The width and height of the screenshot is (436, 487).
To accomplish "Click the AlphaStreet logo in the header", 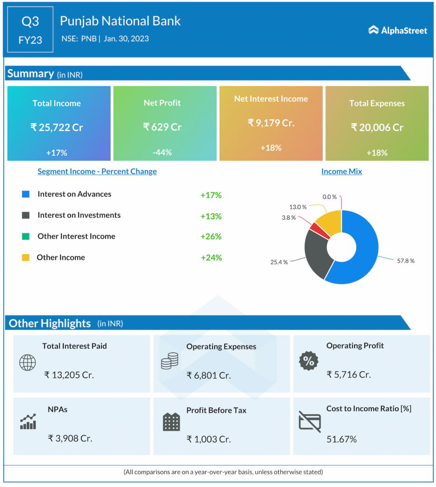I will [398, 30].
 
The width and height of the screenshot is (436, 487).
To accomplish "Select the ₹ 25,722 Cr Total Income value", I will [57, 127].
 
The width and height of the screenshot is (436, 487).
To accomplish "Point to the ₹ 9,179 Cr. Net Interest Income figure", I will [271, 123].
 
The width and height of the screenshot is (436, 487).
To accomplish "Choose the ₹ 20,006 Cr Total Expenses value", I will [377, 127].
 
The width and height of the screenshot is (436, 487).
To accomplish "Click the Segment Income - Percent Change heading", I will [97, 171].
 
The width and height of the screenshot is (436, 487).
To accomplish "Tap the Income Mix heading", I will [341, 171].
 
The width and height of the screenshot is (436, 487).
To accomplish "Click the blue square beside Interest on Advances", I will [26, 194].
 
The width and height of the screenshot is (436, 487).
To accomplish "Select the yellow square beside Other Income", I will [26, 257].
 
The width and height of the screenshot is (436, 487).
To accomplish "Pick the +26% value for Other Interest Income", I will [211, 236].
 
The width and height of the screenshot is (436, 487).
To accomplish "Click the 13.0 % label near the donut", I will [297, 207].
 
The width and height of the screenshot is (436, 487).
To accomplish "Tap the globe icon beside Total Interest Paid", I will [27, 363].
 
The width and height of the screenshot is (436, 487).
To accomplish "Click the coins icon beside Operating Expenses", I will [169, 361].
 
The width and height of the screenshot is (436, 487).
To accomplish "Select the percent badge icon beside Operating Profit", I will [308, 361].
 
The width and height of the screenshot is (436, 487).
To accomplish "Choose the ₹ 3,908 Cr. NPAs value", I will [70, 438].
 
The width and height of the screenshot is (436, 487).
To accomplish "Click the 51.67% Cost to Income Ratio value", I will [341, 439].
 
